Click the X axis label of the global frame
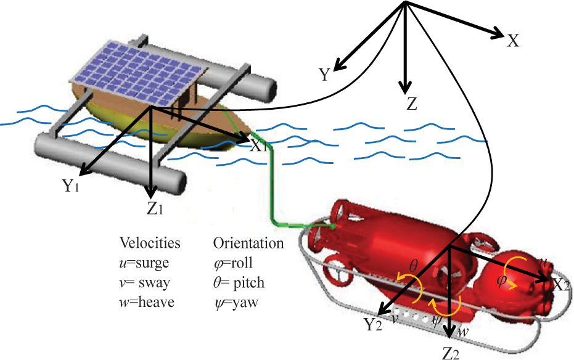[x=513, y=41]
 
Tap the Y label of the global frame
[x=325, y=75]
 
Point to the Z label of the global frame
[x=412, y=104]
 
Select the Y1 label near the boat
[x=71, y=185]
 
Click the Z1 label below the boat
[x=155, y=208]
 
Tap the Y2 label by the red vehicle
[x=372, y=324]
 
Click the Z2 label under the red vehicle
[x=451, y=353]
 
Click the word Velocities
[x=150, y=242]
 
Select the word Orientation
[x=248, y=243]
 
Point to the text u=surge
[x=144, y=263]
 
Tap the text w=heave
[x=147, y=302]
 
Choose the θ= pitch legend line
[x=239, y=282]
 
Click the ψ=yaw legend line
[x=236, y=303]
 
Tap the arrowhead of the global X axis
[x=498, y=33]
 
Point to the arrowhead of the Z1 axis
[x=150, y=191]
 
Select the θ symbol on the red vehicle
[x=413, y=266]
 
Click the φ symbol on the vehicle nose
[x=501, y=281]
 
